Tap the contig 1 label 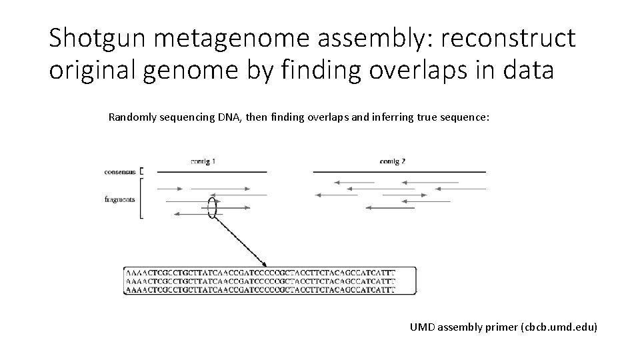tap(203, 160)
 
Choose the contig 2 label tap(393, 160)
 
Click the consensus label tap(120, 171)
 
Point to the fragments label tap(120, 199)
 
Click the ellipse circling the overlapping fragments tap(213, 208)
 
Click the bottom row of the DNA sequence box tap(260, 290)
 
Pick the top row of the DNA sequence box tap(260, 273)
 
